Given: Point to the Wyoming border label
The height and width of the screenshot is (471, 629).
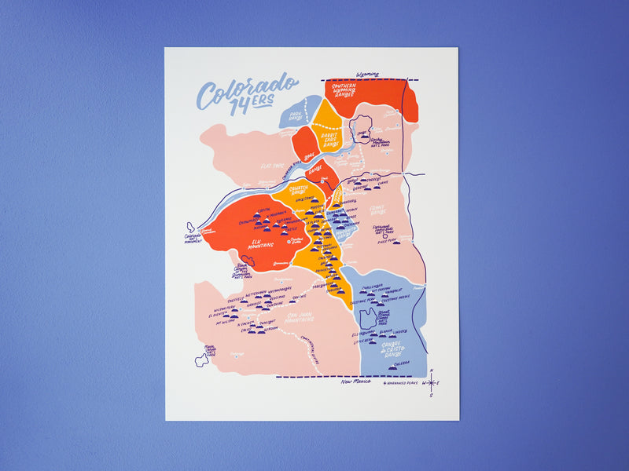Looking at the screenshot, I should [367, 75].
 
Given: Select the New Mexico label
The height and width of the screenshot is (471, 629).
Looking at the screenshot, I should [355, 382].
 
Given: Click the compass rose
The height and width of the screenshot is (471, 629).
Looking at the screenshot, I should [431, 383].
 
